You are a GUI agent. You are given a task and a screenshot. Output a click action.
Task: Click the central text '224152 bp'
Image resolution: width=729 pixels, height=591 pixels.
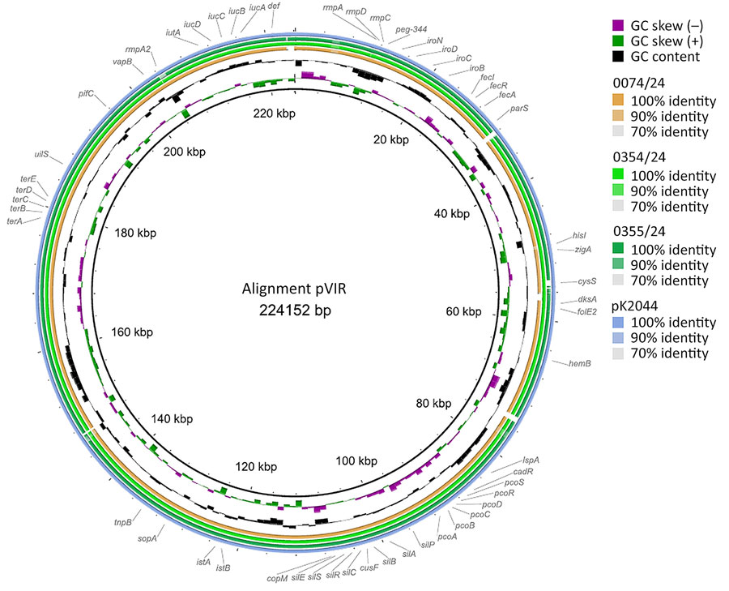click(292, 309)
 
